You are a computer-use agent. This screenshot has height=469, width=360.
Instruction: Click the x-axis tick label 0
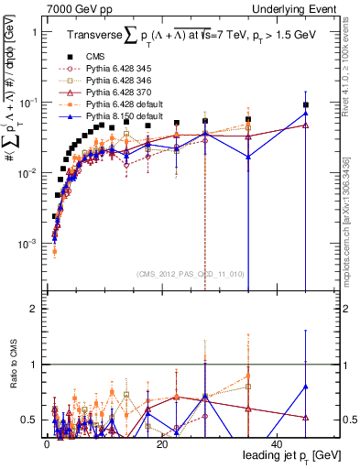[x=46, y=444]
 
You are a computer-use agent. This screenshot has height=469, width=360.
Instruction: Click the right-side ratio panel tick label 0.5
[x=344, y=420]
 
